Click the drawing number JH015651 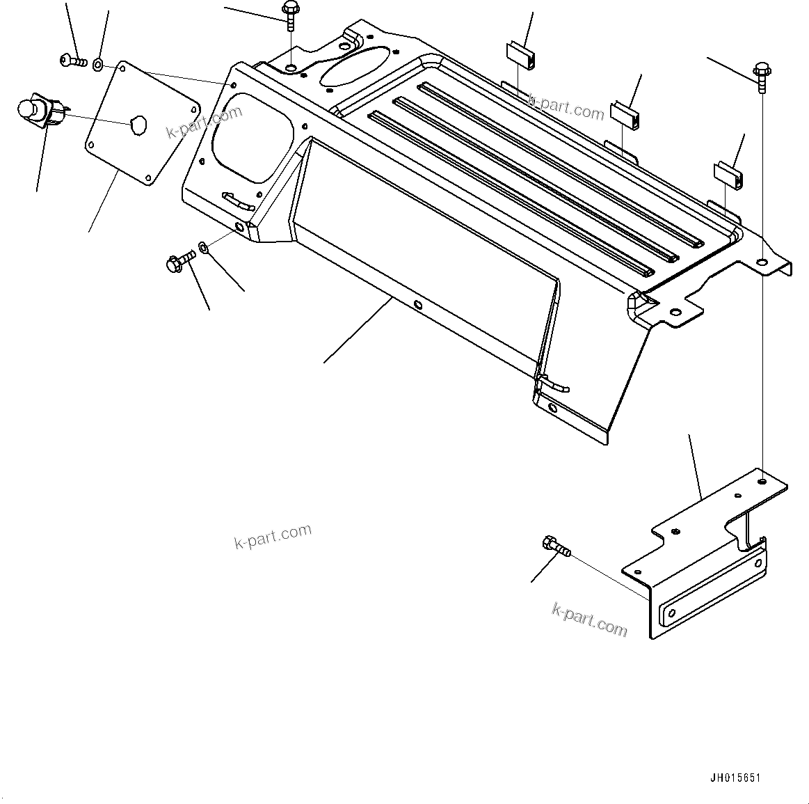point(735,778)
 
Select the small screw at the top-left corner point(72,62)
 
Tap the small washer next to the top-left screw point(98,65)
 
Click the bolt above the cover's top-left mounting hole point(289,15)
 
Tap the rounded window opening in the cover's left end point(247,139)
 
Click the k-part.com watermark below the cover point(273,536)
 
